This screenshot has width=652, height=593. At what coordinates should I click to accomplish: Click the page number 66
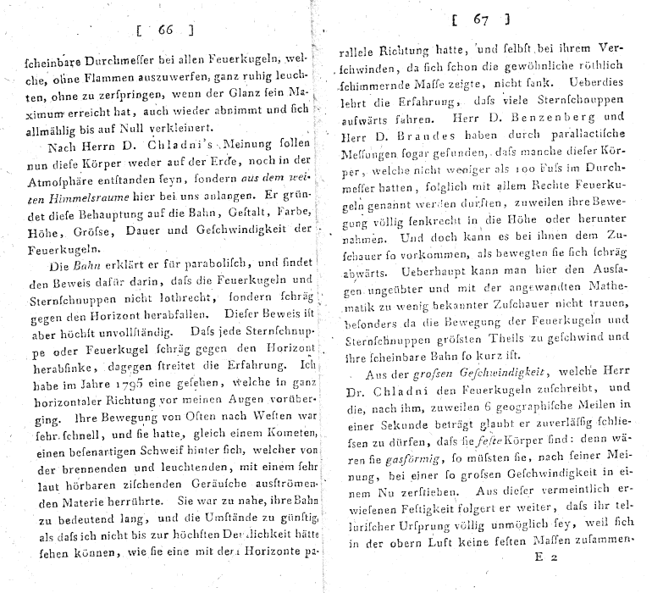[x=164, y=31]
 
